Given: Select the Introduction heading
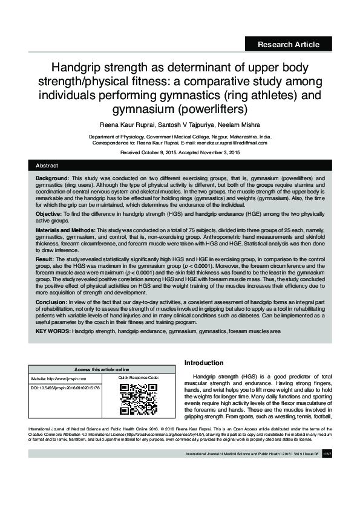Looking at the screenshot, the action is click(204, 363).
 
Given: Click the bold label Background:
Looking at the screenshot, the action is click(52, 180).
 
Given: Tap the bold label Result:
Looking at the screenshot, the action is click(46, 259).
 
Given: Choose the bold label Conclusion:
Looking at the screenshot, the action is click(52, 300).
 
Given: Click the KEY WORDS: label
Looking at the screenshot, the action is click(53, 331).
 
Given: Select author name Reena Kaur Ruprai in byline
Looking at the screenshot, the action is click(128, 125).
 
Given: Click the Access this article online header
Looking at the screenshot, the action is click(101, 369).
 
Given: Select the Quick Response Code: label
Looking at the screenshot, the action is click(139, 378).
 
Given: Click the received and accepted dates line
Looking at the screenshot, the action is click(180, 153).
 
